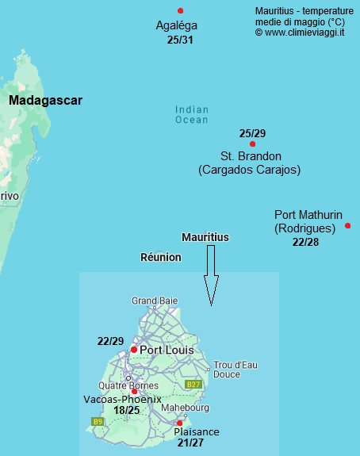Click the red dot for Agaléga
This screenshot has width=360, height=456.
[181, 10]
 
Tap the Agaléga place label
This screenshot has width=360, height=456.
[176, 25]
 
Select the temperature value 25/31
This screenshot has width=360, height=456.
[181, 39]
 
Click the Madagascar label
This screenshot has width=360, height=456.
[45, 101]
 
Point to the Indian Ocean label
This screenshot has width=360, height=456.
[192, 115]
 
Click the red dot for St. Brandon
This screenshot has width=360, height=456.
[252, 144]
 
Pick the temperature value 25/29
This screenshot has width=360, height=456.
[252, 132]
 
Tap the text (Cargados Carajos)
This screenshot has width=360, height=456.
[249, 170]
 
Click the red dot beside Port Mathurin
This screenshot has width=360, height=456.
[348, 226]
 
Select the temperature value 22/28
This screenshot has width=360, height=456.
[305, 242]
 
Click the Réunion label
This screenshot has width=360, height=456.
[160, 257]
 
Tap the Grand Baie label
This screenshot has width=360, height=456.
[155, 301]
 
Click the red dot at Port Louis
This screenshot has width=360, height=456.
[134, 349]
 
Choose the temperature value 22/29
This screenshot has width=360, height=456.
[110, 341]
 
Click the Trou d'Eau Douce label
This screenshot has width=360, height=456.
[234, 369]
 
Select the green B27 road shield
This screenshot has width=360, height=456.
[193, 384]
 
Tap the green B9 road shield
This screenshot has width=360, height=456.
[98, 421]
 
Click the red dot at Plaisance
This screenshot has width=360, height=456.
[180, 423]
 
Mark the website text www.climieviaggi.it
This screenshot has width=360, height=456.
[304, 33]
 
